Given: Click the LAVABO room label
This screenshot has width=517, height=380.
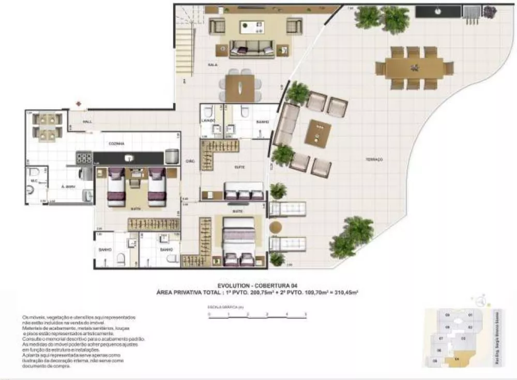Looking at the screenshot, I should click(x=208, y=122).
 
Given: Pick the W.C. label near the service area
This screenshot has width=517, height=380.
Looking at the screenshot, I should click(x=34, y=181).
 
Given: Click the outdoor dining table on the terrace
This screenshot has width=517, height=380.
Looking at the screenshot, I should click(x=414, y=68).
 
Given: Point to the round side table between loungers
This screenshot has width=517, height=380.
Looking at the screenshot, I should click(x=276, y=227).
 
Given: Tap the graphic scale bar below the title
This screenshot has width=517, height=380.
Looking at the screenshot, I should click(x=257, y=314).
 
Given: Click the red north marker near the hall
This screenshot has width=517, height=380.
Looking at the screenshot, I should click(x=79, y=104).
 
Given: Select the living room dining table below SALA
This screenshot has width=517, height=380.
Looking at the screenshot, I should click(x=240, y=89).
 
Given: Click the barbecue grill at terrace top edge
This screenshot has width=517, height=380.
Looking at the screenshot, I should click(x=470, y=12).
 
